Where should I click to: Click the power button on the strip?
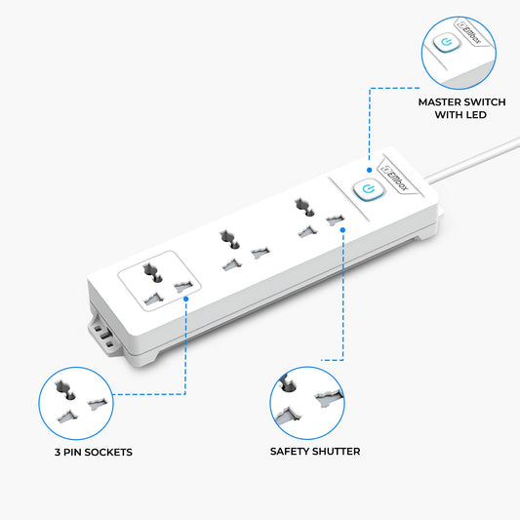click(x=369, y=189)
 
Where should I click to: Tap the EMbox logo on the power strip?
click(x=395, y=178)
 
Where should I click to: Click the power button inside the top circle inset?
click(x=447, y=42)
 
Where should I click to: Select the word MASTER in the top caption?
click(x=441, y=101)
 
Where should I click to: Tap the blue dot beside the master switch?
click(x=369, y=170)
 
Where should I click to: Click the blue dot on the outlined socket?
click(x=185, y=299)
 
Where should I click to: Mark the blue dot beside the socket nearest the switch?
click(x=342, y=230)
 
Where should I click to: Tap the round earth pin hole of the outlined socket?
click(x=152, y=272)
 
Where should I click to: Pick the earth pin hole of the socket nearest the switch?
click(x=304, y=207)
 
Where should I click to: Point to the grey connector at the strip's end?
click(x=102, y=335)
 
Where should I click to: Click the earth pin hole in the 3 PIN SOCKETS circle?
click(x=65, y=390)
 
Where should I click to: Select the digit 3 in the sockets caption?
click(x=58, y=452)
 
